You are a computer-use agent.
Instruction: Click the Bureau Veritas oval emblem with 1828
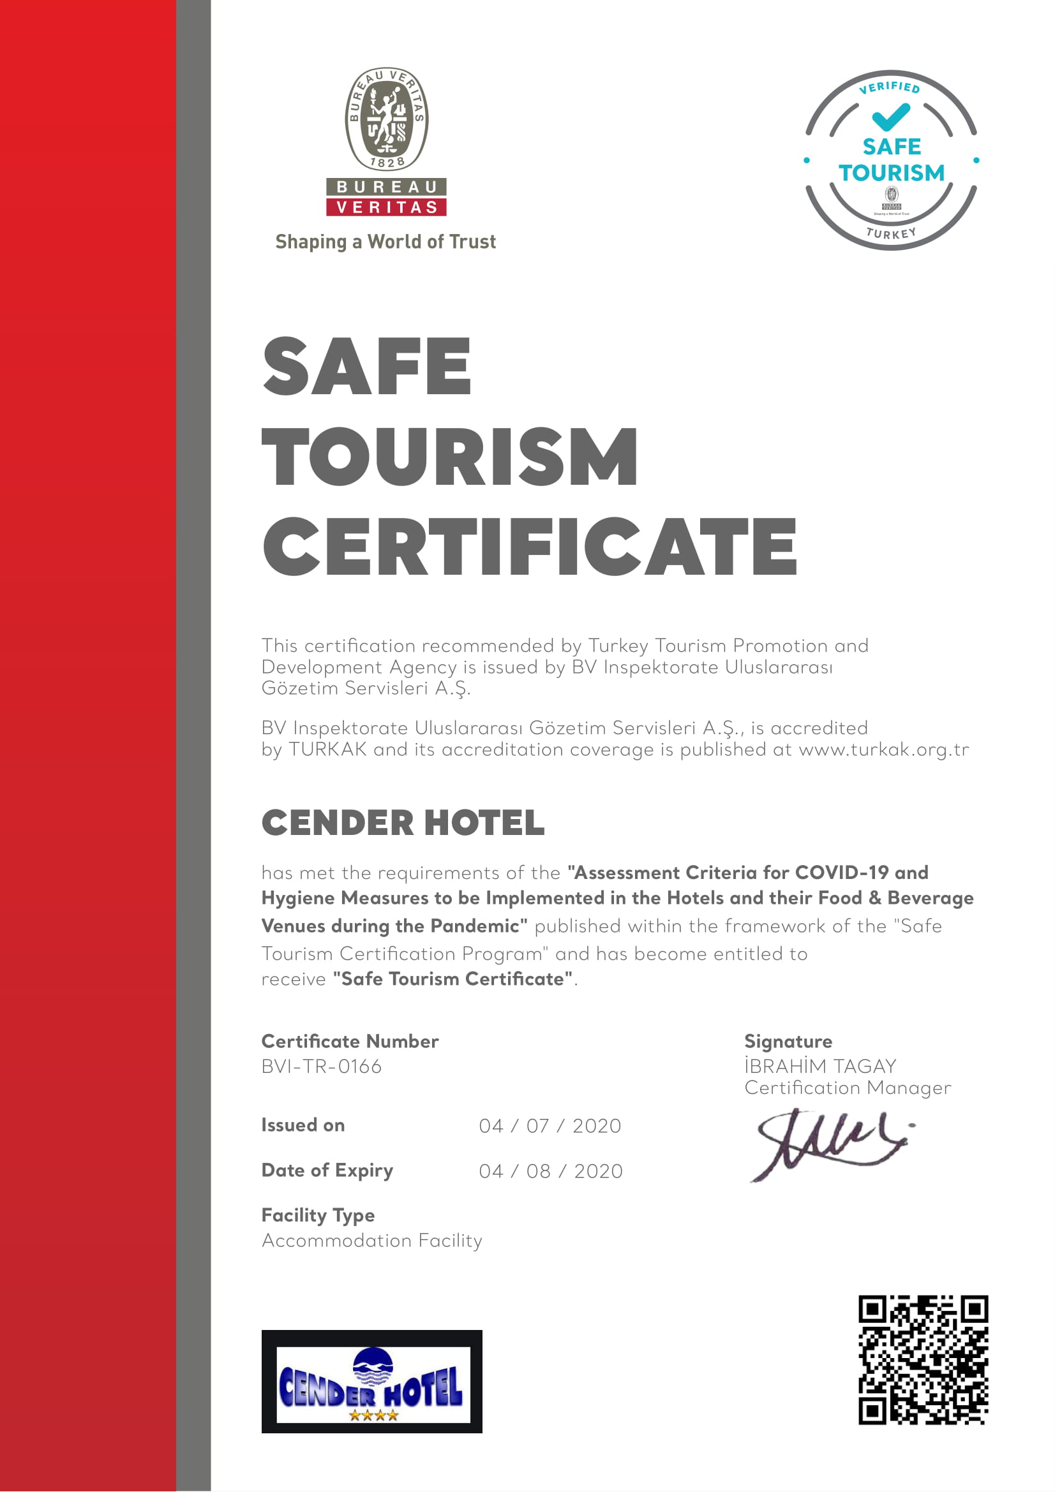point(386,119)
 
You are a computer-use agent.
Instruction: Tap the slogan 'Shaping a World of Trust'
point(385,242)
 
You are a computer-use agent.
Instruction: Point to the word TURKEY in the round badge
point(890,233)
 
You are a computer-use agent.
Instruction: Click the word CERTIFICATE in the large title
point(530,547)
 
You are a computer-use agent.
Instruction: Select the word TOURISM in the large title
point(450,456)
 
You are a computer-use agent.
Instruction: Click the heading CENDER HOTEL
point(403,823)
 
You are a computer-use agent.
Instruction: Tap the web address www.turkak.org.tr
point(883,750)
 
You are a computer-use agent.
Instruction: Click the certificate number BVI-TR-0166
point(321,1067)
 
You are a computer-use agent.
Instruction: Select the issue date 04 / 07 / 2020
point(550,1125)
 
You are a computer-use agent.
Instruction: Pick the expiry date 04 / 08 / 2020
point(551,1171)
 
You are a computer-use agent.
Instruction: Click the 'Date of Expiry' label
point(327,1171)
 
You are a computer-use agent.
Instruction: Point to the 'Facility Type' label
point(318,1215)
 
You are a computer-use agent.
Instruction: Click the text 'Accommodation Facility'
point(372,1241)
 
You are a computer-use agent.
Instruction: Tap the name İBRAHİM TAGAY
point(820,1067)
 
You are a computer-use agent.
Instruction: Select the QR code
point(923,1360)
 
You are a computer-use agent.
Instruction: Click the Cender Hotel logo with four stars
point(372,1381)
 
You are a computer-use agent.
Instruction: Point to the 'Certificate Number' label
point(350,1041)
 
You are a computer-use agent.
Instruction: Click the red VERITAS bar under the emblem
point(386,207)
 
